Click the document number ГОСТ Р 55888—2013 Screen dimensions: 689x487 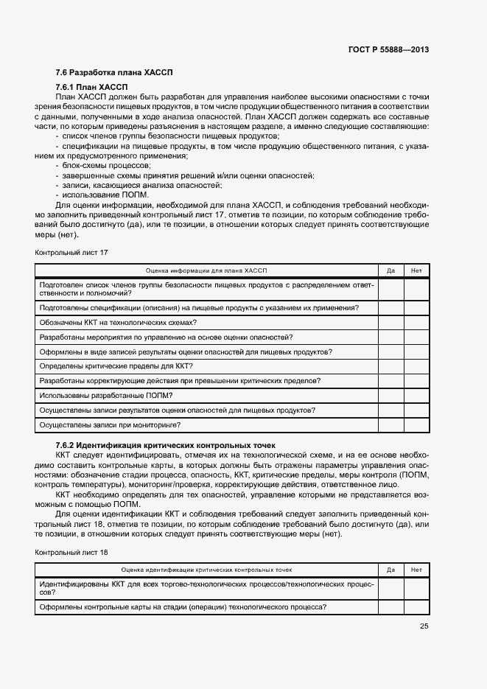pyautogui.click(x=388, y=49)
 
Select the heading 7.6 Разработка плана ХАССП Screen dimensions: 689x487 pyautogui.click(x=114, y=72)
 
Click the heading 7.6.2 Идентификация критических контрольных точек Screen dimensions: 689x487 pyautogui.click(x=165, y=446)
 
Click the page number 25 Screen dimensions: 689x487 pyautogui.click(x=424, y=627)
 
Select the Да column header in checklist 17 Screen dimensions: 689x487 pyautogui.click(x=390, y=270)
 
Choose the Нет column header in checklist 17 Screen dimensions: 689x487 pyautogui.click(x=416, y=270)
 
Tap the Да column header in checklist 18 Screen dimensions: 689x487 pyautogui.click(x=390, y=570)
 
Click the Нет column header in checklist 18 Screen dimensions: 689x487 pyautogui.click(x=416, y=570)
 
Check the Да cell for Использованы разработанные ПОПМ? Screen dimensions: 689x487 pyautogui.click(x=390, y=396)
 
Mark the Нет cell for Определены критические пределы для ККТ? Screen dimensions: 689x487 pyautogui.click(x=416, y=366)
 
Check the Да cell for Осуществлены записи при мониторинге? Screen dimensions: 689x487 pyautogui.click(x=390, y=425)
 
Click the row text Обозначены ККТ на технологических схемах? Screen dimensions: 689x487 pyautogui.click(x=118, y=322)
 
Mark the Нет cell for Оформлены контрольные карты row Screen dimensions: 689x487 pyautogui.click(x=416, y=607)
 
